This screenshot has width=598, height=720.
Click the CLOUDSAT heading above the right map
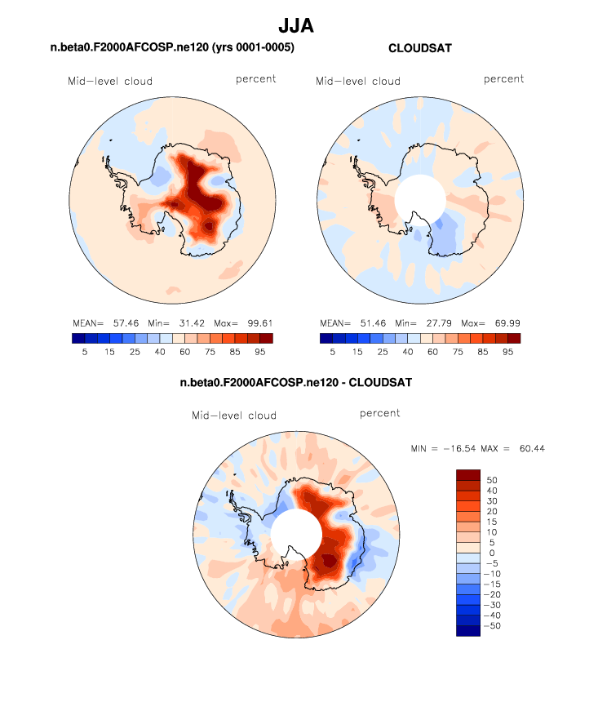pos(420,49)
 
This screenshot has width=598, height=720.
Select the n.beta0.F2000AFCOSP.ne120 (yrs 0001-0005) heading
pos(172,49)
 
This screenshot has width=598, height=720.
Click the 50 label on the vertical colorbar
pos(491,479)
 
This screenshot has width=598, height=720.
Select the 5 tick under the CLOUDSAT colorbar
pos(333,351)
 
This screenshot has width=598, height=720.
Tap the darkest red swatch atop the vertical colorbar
pos(467,474)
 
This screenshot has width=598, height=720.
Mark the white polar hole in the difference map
pos(295,533)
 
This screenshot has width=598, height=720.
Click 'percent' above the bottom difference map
pos(380,414)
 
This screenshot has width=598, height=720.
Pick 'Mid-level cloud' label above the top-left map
pos(110,81)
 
